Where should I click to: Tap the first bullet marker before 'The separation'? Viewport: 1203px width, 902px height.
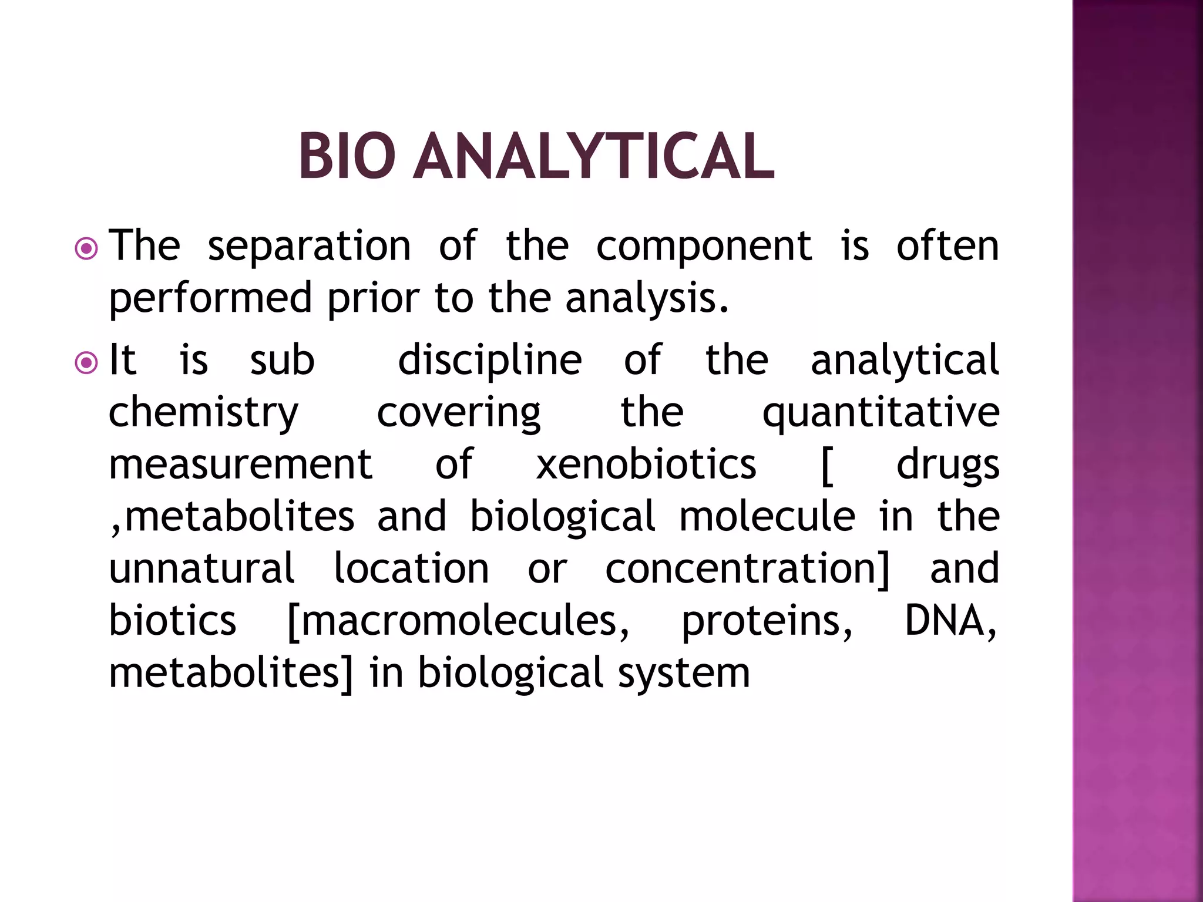point(87,249)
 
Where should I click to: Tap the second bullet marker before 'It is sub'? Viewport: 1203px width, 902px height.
point(87,363)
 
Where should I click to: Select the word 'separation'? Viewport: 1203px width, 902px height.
point(309,247)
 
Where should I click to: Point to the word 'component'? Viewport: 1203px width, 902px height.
point(704,247)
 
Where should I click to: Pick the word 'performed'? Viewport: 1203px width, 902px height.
point(210,298)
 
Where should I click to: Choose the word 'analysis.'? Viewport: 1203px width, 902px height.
point(646,298)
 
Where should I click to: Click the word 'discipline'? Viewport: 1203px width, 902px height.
point(490,361)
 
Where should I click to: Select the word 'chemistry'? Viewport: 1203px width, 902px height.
point(204,413)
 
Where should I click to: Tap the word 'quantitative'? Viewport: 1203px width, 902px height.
point(881,413)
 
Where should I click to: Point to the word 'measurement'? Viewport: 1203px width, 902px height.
point(240,465)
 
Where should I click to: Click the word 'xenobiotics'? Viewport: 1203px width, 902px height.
point(646,465)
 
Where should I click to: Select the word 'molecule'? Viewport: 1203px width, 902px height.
point(767,517)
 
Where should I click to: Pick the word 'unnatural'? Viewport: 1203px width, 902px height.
point(201,568)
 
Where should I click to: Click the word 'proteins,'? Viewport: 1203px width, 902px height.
point(766,621)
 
